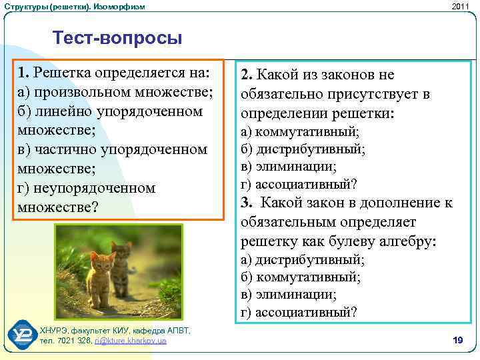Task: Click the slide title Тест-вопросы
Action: click(x=117, y=37)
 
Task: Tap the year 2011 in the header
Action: click(x=460, y=6)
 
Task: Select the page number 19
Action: click(x=457, y=341)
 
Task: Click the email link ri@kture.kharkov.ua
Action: click(x=131, y=341)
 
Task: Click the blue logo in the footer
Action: click(x=23, y=334)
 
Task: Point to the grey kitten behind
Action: click(x=122, y=259)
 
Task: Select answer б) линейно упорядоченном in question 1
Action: click(x=110, y=111)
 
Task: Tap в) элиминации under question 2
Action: click(x=288, y=166)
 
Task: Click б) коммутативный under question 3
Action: click(x=301, y=277)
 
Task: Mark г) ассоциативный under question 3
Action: click(x=299, y=311)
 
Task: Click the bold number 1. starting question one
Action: click(x=24, y=72)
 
